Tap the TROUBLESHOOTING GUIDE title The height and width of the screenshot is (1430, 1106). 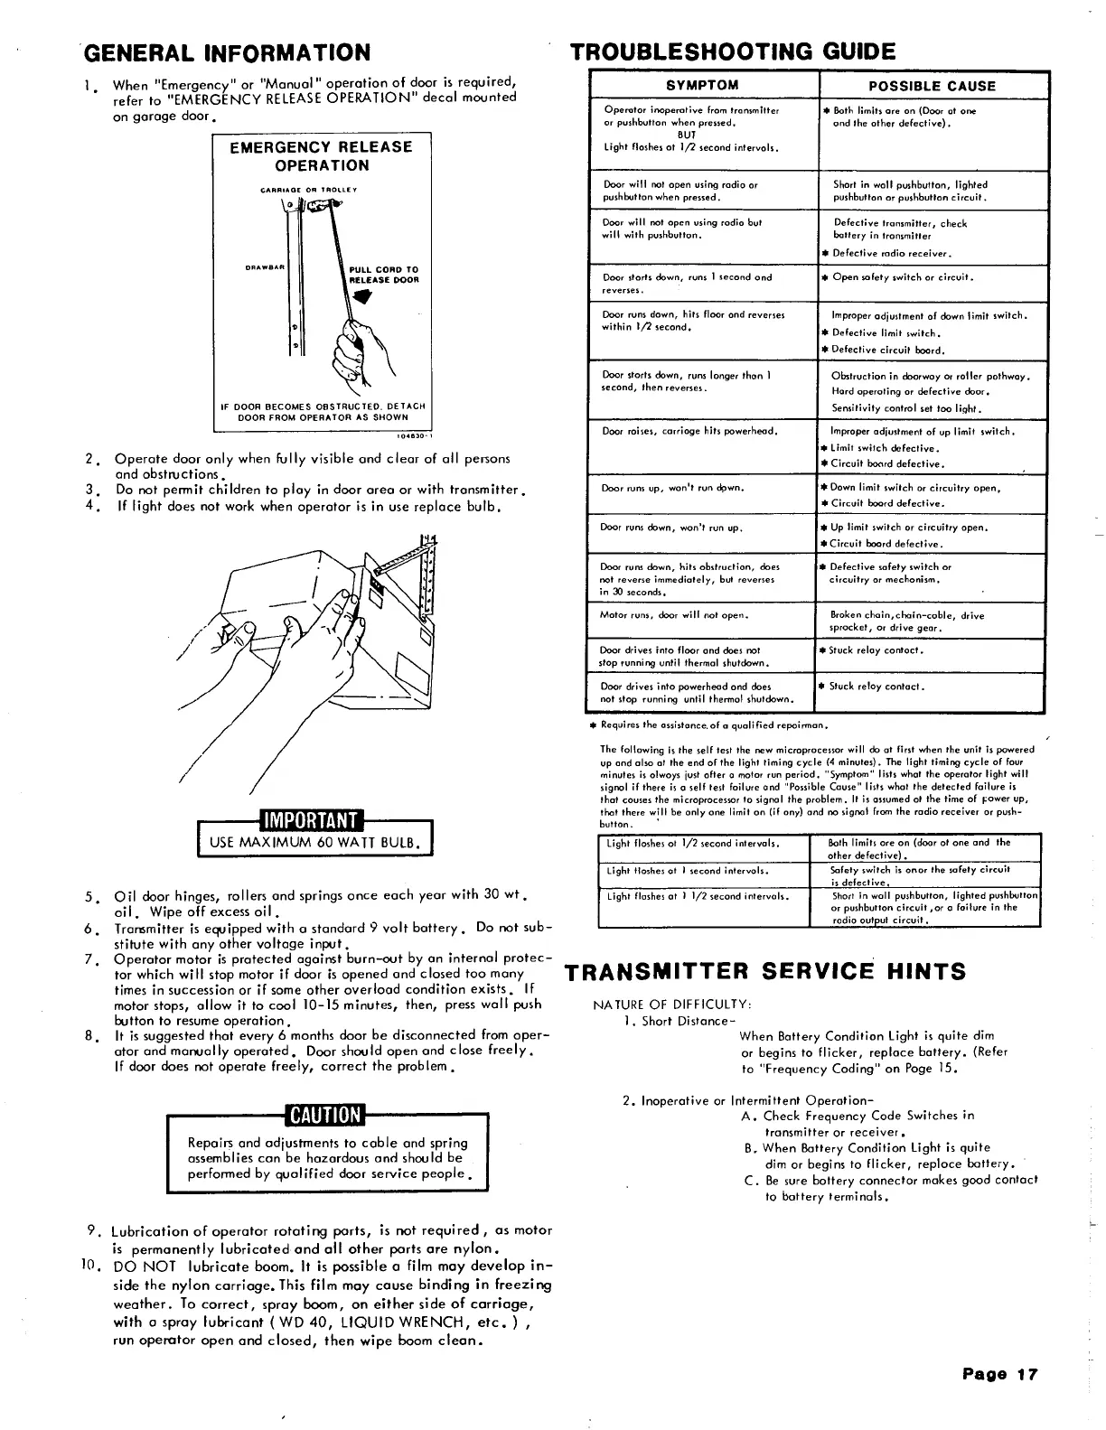point(733,51)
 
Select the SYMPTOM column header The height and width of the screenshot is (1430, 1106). point(702,86)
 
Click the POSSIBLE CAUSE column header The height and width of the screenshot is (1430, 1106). point(932,86)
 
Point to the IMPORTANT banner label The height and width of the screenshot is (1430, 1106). point(311,819)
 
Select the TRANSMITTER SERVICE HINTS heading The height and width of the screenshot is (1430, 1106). point(765,971)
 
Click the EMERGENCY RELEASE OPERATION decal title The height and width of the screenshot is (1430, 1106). point(321,156)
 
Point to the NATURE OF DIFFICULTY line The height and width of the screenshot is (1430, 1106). point(672,1005)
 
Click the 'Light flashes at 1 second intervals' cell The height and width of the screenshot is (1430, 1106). point(688,871)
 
